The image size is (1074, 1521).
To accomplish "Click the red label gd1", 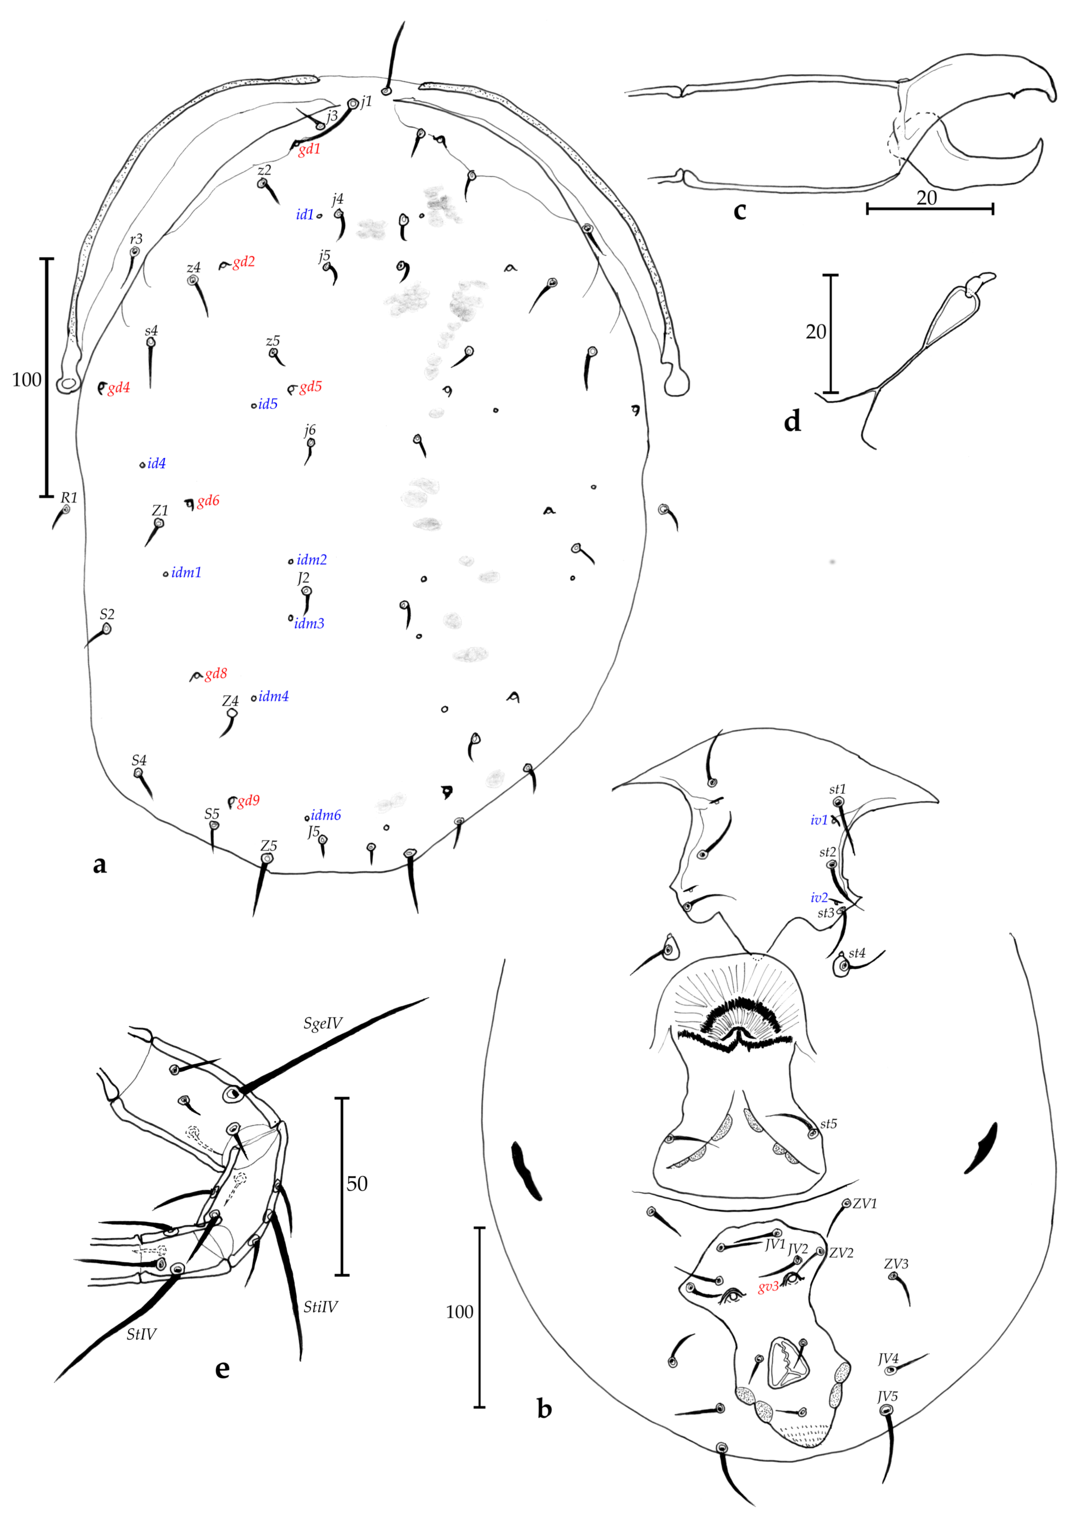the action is (x=309, y=149).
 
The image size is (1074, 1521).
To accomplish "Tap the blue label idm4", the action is (x=274, y=696).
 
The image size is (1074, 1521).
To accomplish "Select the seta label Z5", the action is (x=268, y=846).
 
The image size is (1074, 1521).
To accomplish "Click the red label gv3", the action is (x=769, y=1287).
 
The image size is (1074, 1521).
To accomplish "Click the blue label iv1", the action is (x=819, y=820).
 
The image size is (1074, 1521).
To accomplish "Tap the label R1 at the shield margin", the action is (x=69, y=498).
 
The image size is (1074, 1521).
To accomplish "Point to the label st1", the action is (x=837, y=789).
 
